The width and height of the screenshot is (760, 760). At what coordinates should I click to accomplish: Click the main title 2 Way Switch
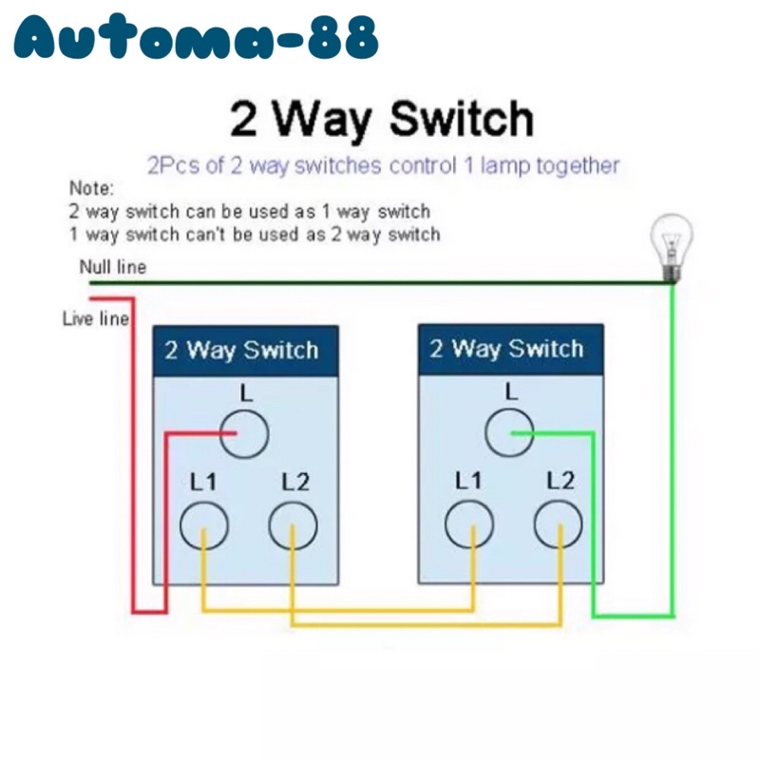(382, 120)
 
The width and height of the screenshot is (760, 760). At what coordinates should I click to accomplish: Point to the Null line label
(112, 267)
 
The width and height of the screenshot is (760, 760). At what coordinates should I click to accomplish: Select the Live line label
(95, 318)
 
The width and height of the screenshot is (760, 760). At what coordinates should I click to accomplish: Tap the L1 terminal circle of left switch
(203, 524)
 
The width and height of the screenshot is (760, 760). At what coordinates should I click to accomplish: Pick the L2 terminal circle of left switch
(293, 524)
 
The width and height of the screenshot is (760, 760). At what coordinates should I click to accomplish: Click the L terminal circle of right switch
(510, 432)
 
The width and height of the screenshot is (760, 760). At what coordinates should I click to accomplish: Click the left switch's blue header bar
(245, 350)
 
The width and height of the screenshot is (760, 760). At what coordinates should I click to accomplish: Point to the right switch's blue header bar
(510, 349)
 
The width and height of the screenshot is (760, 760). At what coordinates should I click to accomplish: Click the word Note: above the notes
(91, 188)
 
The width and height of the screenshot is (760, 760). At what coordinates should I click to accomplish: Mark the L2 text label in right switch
(560, 481)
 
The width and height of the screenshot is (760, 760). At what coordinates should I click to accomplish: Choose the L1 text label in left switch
(203, 482)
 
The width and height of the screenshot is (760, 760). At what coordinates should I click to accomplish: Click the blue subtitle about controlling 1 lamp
(383, 166)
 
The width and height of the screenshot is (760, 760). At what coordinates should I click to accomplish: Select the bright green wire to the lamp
(672, 456)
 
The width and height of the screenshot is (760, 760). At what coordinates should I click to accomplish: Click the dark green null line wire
(380, 282)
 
